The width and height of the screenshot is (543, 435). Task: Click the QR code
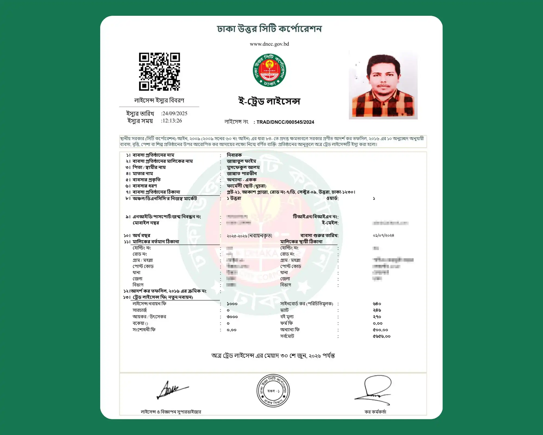point(159,72)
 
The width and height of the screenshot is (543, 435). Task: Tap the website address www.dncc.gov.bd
point(269,44)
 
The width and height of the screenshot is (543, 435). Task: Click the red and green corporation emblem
point(269,70)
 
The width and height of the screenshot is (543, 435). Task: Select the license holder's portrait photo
point(383,85)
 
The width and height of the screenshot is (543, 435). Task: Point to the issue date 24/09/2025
point(175,113)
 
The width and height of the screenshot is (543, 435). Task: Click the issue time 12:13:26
point(172,121)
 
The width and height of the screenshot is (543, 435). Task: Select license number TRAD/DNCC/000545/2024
point(285,122)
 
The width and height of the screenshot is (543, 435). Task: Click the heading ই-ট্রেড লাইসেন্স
point(269,101)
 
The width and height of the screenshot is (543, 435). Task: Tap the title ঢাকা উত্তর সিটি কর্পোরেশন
point(269,29)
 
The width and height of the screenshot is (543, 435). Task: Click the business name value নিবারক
point(234,155)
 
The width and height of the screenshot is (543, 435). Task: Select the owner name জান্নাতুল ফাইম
point(241,161)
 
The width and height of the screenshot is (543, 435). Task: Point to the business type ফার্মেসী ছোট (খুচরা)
point(246,186)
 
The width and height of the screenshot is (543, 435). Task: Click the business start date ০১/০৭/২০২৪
point(383,235)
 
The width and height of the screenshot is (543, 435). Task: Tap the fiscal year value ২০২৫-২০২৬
point(237,236)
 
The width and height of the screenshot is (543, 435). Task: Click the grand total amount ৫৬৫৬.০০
point(381,336)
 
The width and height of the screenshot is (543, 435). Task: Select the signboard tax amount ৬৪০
point(377,304)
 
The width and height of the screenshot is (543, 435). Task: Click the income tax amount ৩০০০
point(232,317)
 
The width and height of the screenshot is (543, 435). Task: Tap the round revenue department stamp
point(273,391)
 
